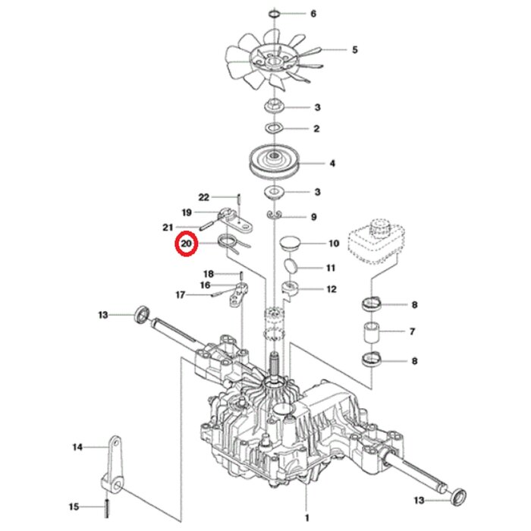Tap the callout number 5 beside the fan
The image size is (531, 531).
tap(354, 50)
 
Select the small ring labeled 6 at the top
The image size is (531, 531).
tap(275, 13)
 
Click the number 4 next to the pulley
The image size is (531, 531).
tap(332, 163)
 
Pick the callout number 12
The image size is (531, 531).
tap(331, 289)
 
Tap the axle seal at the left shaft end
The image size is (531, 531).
tap(141, 313)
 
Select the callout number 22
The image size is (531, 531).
tap(203, 197)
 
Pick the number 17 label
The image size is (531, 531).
tap(181, 295)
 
